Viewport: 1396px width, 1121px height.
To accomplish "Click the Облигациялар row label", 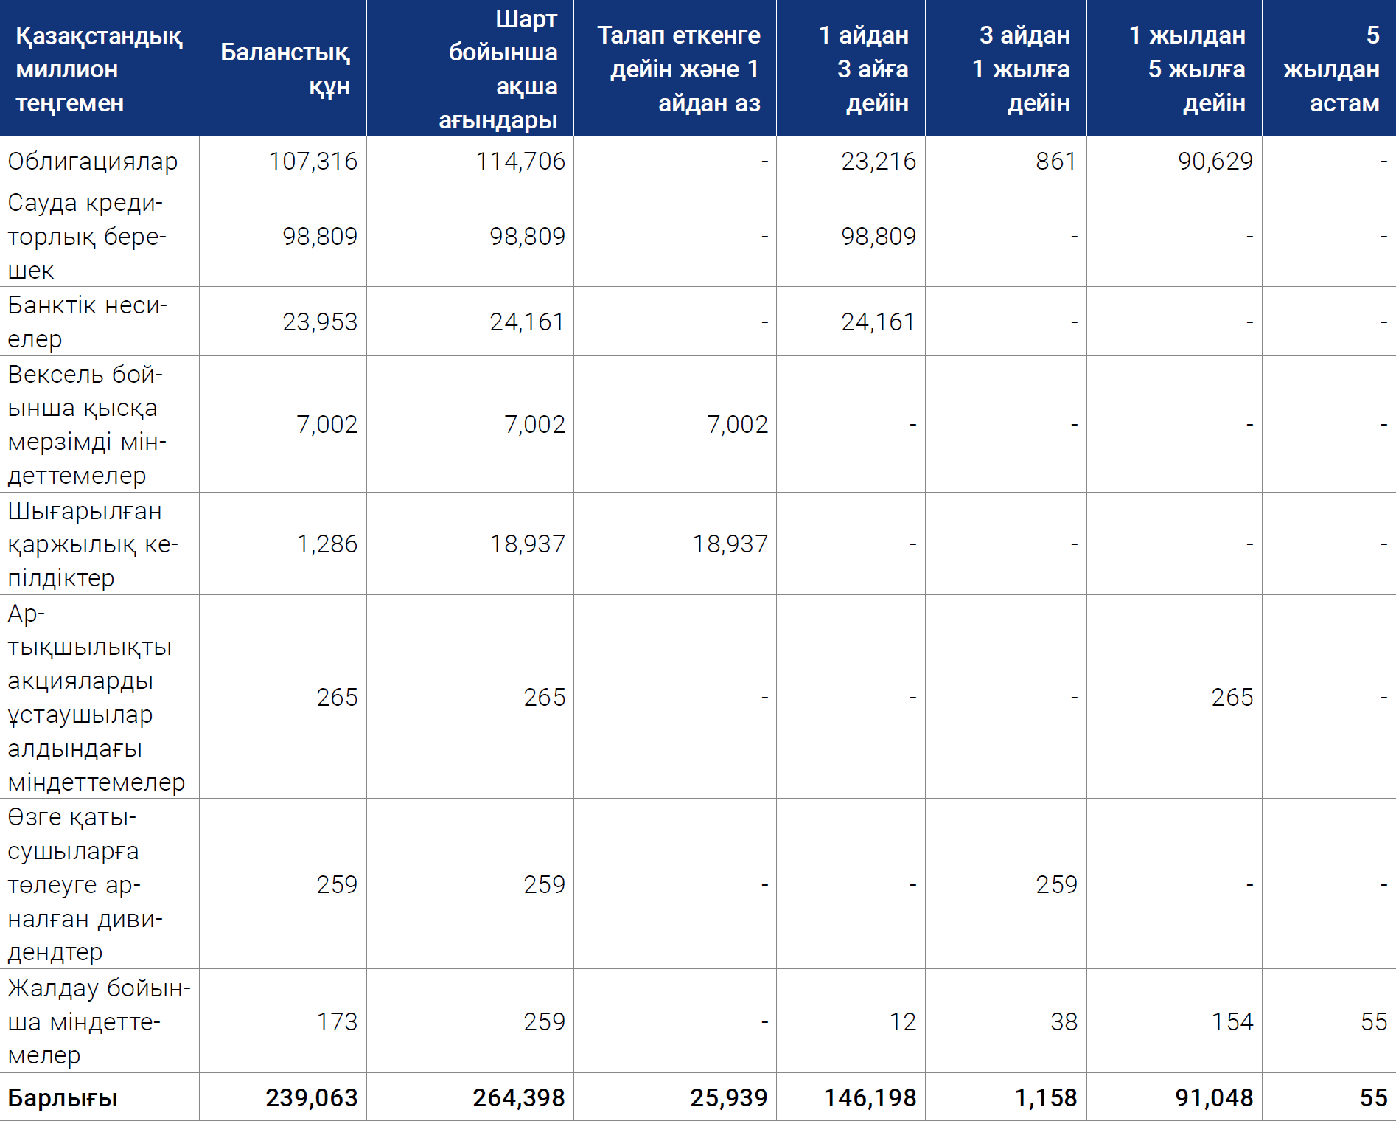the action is click(x=93, y=161).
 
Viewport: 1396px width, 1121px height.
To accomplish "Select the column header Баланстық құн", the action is click(x=285, y=69).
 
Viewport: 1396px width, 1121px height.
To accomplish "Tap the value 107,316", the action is click(x=313, y=161).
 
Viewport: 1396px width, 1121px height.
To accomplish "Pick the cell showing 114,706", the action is click(x=520, y=161).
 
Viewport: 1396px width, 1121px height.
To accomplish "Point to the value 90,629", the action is click(x=1215, y=161).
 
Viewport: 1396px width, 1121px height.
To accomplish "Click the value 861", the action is click(x=1056, y=161).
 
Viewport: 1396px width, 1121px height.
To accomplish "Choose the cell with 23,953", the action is click(x=320, y=322).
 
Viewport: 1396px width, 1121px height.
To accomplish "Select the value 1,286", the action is click(x=327, y=544).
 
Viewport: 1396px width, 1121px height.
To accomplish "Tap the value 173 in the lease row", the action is click(x=337, y=1021).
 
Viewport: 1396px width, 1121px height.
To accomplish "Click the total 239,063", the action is click(x=312, y=1097).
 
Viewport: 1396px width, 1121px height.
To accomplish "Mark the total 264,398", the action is click(x=519, y=1097).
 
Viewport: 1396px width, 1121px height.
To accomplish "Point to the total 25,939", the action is click(x=729, y=1097).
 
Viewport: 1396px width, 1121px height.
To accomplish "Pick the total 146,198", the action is click(x=870, y=1097).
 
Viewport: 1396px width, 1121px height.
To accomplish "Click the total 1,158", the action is click(x=1046, y=1097).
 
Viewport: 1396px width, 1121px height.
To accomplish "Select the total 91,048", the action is click(x=1214, y=1097).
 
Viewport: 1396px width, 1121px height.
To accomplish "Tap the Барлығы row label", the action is click(x=63, y=1097).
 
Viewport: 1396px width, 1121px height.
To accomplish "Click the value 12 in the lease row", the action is click(x=902, y=1021).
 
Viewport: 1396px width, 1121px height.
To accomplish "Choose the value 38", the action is click(x=1064, y=1021).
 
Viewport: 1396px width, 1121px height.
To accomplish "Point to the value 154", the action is click(x=1232, y=1021).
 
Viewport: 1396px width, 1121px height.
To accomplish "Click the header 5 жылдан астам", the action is click(x=1331, y=69).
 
